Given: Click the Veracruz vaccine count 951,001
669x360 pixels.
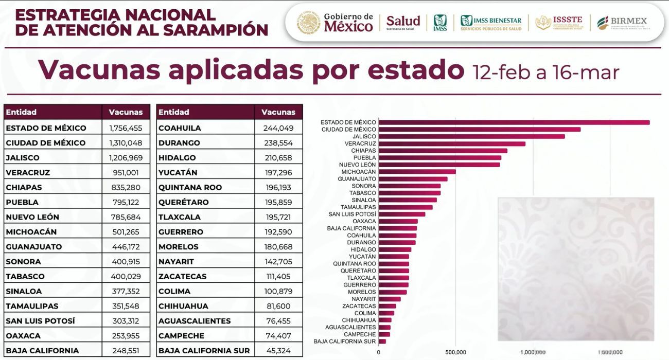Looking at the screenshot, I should click(126, 172).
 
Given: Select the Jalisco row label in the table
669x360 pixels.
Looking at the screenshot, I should click(23, 157).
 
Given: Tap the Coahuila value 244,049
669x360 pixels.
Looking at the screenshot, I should click(278, 128).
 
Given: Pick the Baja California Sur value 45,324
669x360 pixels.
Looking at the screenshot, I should click(278, 351).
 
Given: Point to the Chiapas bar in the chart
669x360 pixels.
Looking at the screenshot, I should click(443, 151).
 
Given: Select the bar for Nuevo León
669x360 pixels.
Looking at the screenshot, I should click(439, 165).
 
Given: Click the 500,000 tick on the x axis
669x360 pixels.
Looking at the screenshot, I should click(456, 352).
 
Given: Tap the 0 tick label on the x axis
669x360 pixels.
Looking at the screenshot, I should click(379, 352).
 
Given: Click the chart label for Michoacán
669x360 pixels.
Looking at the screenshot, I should click(359, 172).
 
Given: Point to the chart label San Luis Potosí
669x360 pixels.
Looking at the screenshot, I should click(352, 214).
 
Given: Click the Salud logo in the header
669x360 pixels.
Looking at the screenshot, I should click(403, 22).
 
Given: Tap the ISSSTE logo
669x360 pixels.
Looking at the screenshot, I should click(559, 22).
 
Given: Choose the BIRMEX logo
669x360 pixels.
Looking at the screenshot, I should click(622, 22).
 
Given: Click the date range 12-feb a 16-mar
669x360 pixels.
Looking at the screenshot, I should click(546, 72).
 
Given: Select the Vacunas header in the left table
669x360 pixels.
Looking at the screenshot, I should click(126, 112).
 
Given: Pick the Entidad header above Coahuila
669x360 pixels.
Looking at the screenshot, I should click(174, 112).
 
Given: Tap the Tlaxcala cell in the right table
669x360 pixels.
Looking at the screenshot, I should click(180, 217).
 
